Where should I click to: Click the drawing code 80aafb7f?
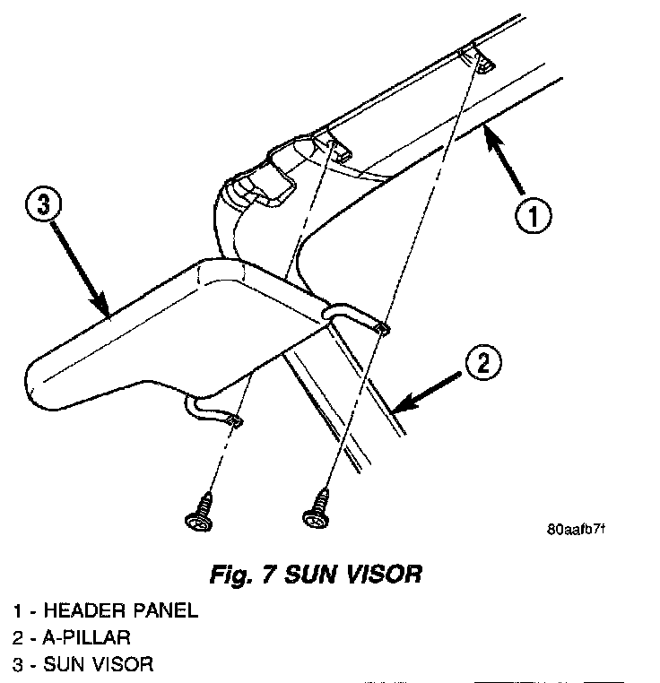[x=576, y=528]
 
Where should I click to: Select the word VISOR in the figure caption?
[x=377, y=574]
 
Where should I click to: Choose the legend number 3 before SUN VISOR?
[x=18, y=664]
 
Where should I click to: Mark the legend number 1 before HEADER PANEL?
[x=18, y=611]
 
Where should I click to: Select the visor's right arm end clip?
[x=381, y=328]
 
